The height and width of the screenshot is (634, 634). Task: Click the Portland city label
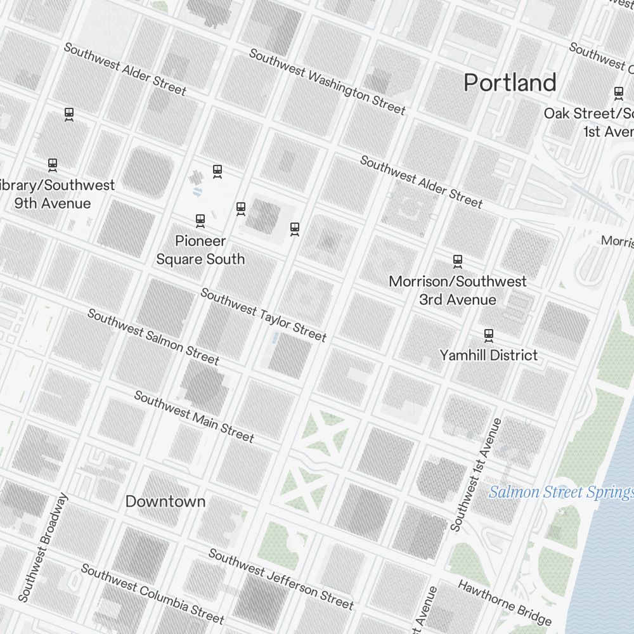coord(510,82)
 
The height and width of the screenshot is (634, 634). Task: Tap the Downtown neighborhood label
coord(165,501)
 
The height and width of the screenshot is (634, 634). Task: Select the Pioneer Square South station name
coord(200,250)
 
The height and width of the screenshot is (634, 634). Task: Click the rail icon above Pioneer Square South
coord(200,221)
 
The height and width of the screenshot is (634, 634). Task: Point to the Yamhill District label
coord(488,355)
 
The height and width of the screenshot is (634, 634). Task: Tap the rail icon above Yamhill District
coord(488,334)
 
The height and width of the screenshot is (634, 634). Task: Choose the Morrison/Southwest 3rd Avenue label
coord(457,290)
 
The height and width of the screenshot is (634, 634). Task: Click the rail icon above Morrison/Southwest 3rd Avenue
coord(457,261)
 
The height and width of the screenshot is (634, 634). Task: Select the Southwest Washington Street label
coord(327,82)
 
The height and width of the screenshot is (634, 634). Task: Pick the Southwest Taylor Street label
coord(263,314)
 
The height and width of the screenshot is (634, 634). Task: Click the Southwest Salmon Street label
coord(153,337)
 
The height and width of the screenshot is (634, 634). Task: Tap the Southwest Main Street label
coord(193,417)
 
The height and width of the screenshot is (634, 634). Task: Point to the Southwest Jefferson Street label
coord(281,579)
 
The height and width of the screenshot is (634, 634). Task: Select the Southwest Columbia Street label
coord(152,593)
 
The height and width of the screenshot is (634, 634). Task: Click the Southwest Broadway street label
coord(42,547)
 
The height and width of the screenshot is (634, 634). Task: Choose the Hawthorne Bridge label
coord(505,602)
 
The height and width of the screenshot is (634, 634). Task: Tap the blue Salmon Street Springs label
coord(560,492)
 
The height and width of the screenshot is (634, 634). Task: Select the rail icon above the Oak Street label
coord(619,93)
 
